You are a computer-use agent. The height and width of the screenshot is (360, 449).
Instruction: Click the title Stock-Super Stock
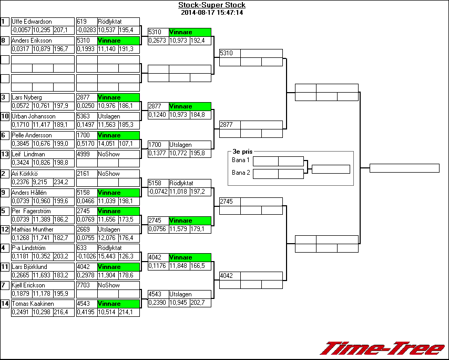tap(211, 5)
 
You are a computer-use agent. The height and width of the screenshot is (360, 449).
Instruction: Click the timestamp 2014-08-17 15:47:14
tap(211, 13)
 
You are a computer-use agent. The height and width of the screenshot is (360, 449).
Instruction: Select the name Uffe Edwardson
tap(32, 22)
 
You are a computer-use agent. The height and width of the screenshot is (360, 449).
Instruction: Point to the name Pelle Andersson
tap(33, 135)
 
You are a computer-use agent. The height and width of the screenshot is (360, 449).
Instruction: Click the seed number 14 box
tap(5, 304)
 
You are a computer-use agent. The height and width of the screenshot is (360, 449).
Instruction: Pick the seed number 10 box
tap(5, 116)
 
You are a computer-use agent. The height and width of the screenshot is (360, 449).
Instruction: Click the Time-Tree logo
tap(382, 348)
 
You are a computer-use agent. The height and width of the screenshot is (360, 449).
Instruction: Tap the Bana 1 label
tap(240, 160)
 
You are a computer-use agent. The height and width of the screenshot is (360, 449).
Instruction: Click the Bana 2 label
tap(240, 173)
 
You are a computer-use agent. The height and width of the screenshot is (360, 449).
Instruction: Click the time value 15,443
tap(107, 256)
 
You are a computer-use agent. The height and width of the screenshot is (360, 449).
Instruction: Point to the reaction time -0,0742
tap(158, 192)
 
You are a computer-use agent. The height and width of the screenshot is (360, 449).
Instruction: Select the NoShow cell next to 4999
tap(118, 154)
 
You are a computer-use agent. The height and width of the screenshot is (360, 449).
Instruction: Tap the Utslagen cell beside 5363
tap(118, 116)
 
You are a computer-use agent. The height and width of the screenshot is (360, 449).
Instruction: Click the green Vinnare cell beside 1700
tap(118, 135)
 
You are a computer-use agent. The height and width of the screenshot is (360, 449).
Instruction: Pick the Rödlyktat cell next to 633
tap(118, 248)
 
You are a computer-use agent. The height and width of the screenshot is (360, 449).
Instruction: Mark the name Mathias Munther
tap(33, 229)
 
